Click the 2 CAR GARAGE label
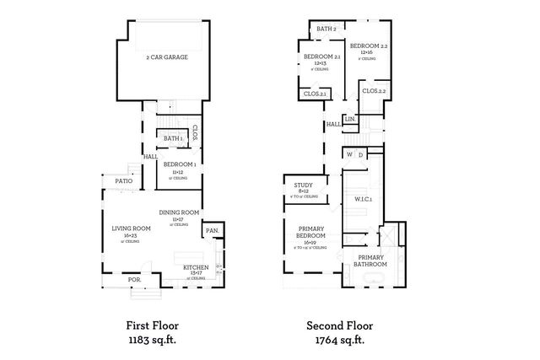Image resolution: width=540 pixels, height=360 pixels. pos(166,57)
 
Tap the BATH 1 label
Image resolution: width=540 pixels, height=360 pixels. pos(173,138)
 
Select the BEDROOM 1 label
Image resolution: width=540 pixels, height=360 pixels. pos(180,164)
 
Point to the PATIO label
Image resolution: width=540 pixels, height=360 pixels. pos(113,180)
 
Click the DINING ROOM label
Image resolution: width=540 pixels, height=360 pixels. pos(179,212)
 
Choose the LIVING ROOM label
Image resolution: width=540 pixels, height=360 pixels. pos(131,228)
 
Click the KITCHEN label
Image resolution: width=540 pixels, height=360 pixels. pos(196,267)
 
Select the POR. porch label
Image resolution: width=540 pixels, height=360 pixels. pos(133,279)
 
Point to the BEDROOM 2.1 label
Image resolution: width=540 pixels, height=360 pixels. pos(321,56)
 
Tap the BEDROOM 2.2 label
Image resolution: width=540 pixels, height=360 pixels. pos(369,46)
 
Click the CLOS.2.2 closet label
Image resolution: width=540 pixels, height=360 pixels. pos(374,90)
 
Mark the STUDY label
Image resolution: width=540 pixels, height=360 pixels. pos(304,185)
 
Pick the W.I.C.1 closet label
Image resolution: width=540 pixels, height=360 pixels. pos(364,199)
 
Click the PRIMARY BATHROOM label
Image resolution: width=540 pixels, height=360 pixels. pos(370,261)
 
